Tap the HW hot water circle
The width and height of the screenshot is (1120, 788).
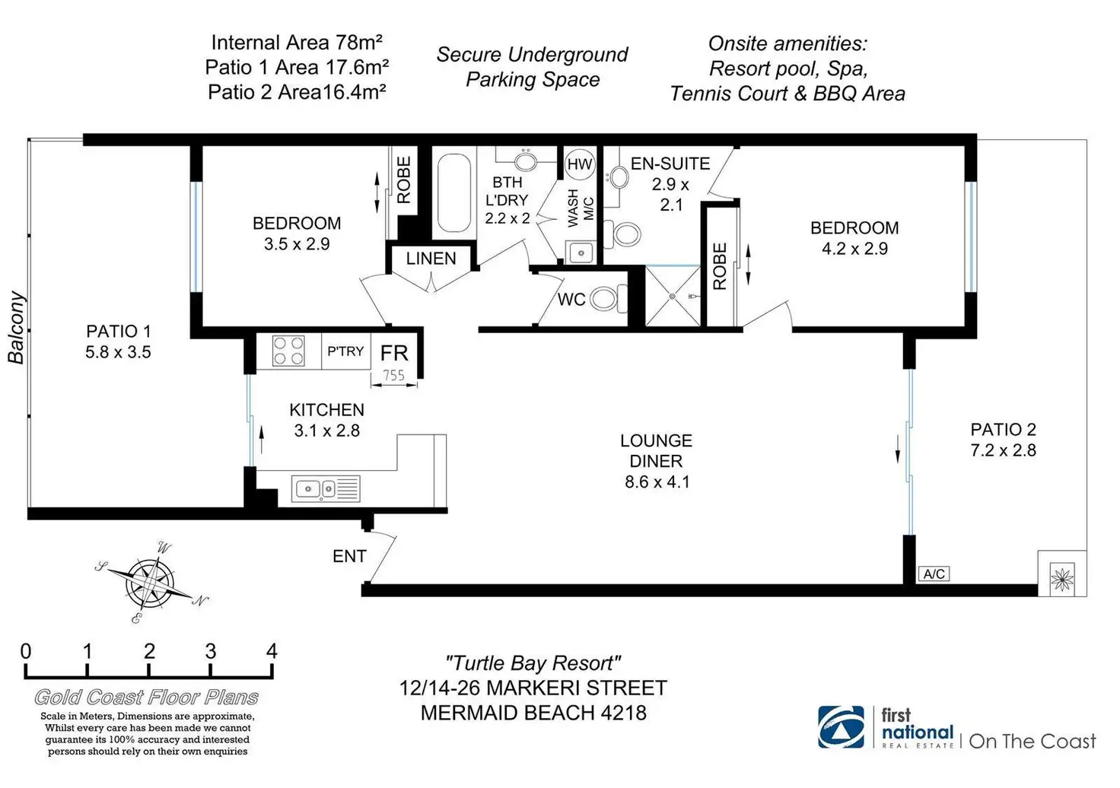580,164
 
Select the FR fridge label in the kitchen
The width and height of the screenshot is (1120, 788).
394,353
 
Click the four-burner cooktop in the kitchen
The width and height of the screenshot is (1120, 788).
288,351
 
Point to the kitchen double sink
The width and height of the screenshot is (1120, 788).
326,489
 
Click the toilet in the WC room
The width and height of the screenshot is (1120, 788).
606,298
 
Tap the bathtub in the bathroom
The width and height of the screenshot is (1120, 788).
454,193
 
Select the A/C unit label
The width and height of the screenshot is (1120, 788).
934,574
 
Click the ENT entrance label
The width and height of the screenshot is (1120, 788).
349,557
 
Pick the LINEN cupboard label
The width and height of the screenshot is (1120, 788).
431,259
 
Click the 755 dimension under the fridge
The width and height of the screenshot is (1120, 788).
393,375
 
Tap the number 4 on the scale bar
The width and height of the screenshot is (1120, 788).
272,651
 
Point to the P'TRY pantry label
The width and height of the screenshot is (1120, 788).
345,351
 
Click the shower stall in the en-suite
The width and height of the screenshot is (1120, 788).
673,296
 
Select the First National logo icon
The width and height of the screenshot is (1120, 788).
842,727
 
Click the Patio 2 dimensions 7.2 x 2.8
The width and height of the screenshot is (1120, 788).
1003,450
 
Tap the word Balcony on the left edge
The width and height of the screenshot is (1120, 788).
17,328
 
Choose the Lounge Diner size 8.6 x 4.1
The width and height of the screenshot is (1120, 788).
657,481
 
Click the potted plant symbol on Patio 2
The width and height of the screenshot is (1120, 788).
1061,579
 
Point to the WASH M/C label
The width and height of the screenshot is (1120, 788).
581,208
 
